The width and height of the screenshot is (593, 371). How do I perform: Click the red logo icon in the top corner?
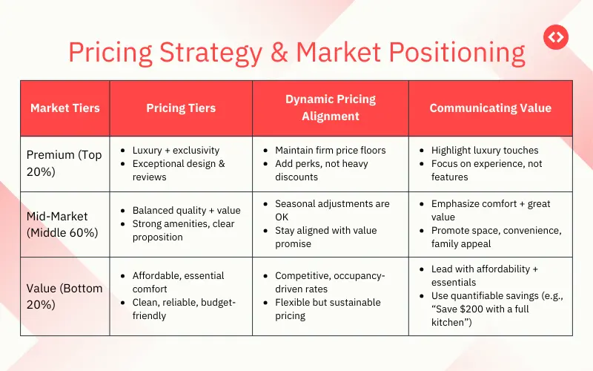pos(555,36)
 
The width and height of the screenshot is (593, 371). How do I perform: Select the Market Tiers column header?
pos(65,108)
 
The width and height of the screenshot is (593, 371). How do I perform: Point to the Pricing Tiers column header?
pos(181,108)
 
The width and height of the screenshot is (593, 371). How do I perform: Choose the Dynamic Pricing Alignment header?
pos(331,108)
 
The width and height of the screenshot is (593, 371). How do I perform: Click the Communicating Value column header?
pos(490,108)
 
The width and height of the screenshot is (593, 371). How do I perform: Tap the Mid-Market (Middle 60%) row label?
pos(63,223)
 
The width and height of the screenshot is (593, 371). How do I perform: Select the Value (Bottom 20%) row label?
pos(64,295)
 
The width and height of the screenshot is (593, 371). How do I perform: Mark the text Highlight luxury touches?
pos(485,150)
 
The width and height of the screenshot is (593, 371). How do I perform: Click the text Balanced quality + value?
pos(186,210)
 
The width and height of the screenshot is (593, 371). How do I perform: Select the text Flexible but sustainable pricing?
pos(328,309)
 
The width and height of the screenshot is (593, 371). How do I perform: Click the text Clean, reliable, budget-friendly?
pos(184,309)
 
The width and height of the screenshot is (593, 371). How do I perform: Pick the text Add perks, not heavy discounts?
pos(322,170)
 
